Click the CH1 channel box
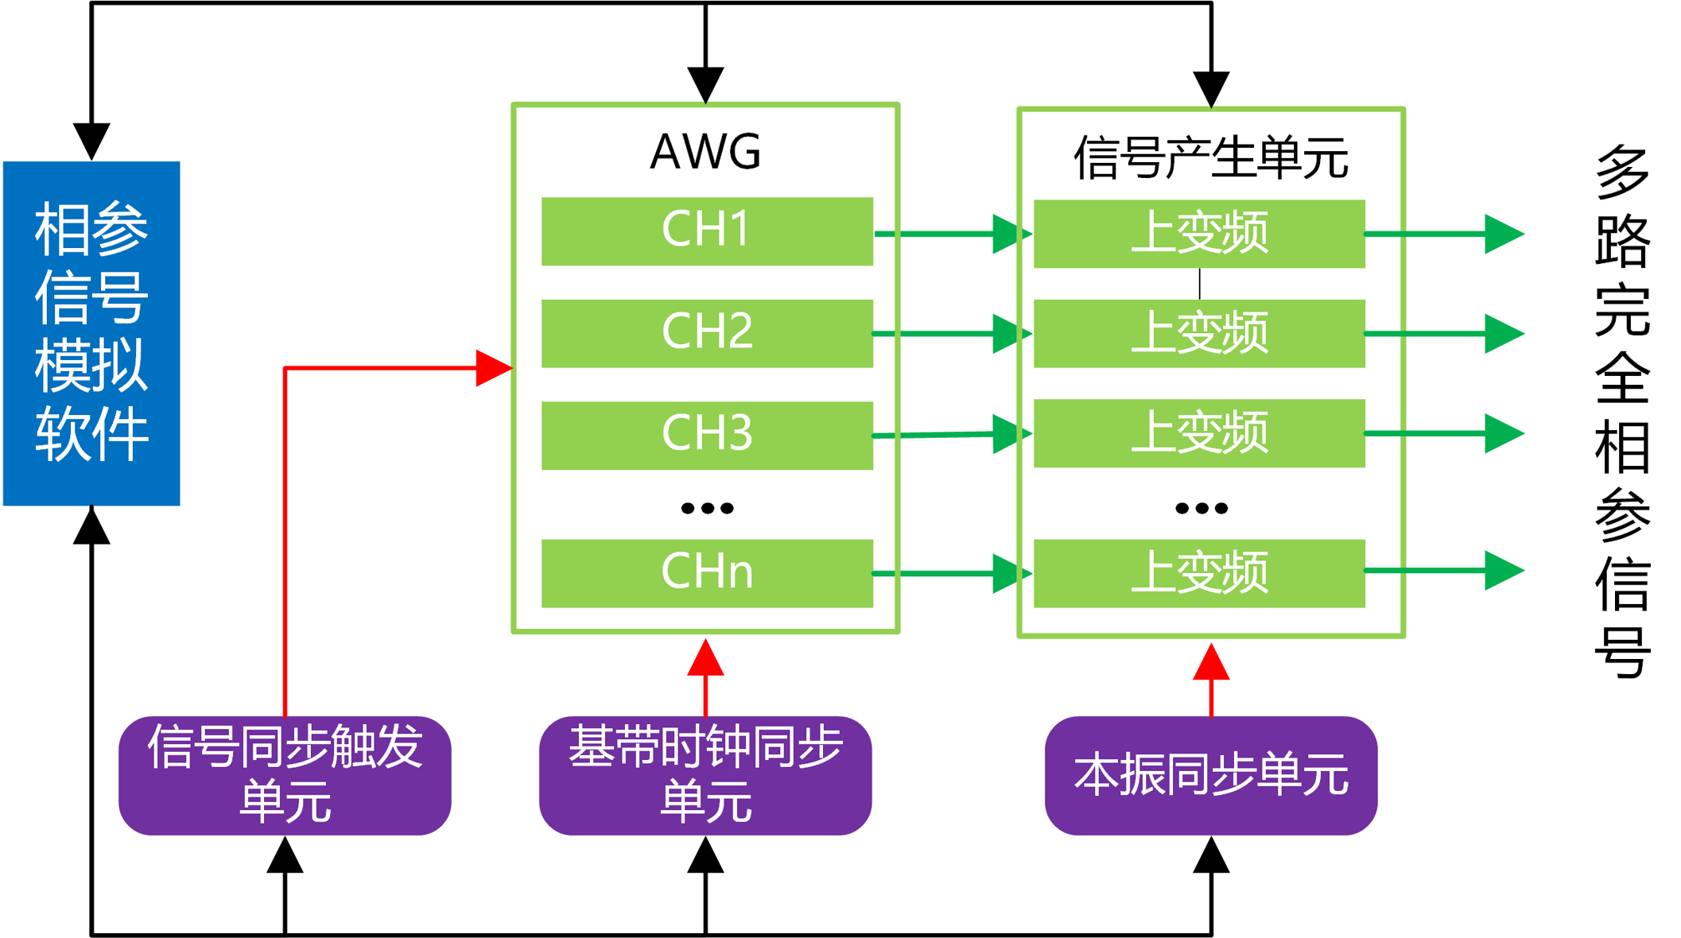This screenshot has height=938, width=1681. [x=707, y=231]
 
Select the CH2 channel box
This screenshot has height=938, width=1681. [x=707, y=333]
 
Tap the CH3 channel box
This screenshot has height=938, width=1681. [x=707, y=435]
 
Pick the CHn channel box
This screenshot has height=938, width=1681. [x=707, y=573]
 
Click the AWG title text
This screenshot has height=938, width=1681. [x=705, y=151]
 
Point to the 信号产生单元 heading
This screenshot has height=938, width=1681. [x=1210, y=157]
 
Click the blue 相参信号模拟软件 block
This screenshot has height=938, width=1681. [x=91, y=333]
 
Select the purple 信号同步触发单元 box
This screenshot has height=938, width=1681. [x=285, y=775]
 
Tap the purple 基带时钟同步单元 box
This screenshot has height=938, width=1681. [x=705, y=775]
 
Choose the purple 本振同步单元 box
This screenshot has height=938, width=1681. [x=1211, y=775]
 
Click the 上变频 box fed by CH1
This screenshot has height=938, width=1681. [x=1199, y=234]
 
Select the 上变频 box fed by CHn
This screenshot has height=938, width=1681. [x=1199, y=573]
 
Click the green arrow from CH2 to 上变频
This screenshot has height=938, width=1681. [x=953, y=334]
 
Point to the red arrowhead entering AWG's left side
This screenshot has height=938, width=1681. [x=494, y=368]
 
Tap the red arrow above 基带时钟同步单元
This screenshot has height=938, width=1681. [x=705, y=678]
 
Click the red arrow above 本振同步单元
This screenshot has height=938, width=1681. [x=1211, y=680]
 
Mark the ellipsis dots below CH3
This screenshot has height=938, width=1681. [x=707, y=508]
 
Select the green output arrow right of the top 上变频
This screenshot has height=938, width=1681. [x=1444, y=234]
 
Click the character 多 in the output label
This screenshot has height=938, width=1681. [x=1623, y=170]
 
